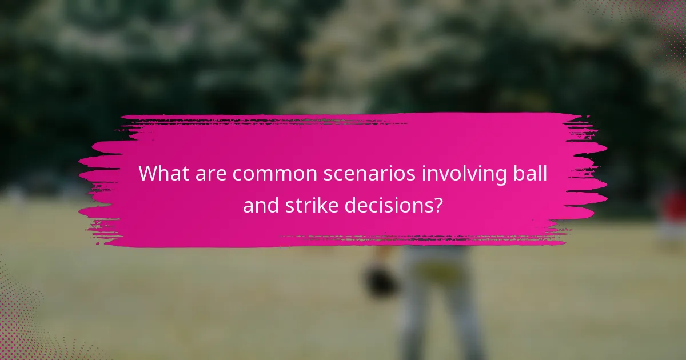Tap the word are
(209, 173)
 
